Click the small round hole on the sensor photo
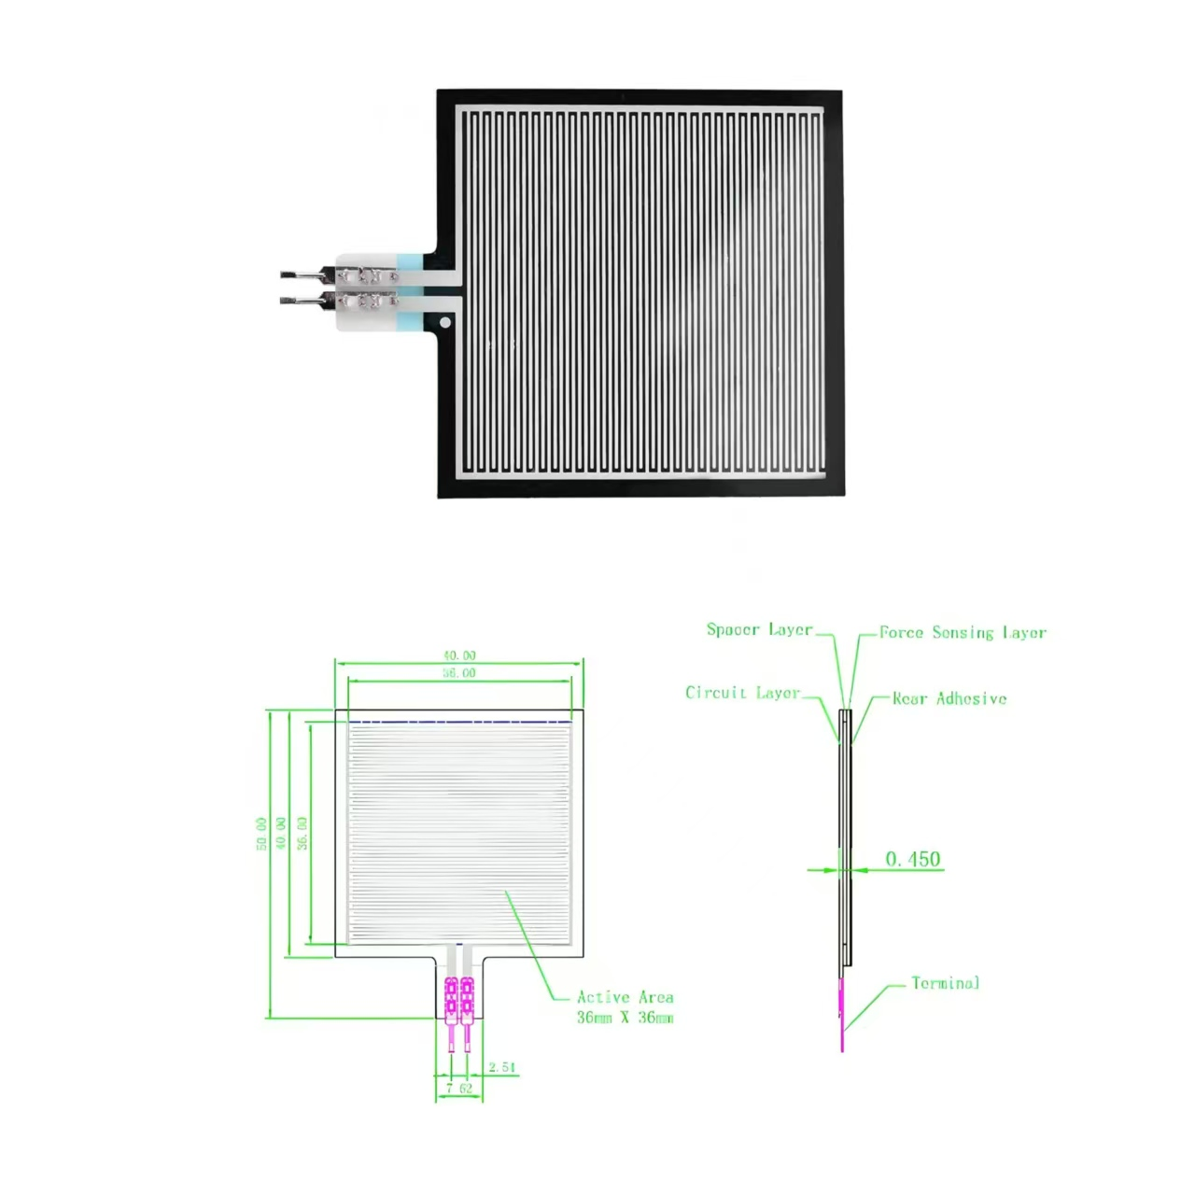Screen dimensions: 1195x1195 (x=445, y=323)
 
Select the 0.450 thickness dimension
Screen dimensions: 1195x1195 (x=912, y=859)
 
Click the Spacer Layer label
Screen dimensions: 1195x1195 (x=759, y=630)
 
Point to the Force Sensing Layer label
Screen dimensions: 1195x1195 (x=963, y=633)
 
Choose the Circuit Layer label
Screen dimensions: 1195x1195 (x=742, y=693)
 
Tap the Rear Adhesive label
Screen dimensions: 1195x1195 (x=949, y=698)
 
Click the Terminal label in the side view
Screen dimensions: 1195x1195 (x=945, y=983)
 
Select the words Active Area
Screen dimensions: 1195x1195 (x=625, y=997)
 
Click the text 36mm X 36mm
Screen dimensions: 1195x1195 (x=625, y=1018)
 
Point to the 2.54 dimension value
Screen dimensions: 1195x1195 (x=501, y=1067)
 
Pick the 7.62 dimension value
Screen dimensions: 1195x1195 (x=458, y=1088)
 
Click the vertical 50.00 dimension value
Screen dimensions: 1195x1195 (x=261, y=833)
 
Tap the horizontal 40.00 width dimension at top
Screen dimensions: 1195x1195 (x=458, y=655)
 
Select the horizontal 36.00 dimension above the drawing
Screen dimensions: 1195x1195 (x=458, y=673)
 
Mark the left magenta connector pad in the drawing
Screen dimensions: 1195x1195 (x=452, y=997)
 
